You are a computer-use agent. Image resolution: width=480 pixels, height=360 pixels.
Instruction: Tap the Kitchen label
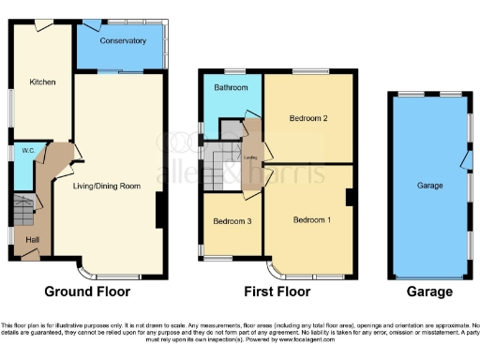click(42, 82)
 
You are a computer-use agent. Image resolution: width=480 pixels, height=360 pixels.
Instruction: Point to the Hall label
click(33, 239)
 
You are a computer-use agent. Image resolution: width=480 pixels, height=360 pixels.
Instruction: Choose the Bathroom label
click(231, 88)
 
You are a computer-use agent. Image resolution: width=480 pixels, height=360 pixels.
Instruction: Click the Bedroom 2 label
click(307, 118)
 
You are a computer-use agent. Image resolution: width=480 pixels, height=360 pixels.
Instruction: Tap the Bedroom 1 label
click(311, 220)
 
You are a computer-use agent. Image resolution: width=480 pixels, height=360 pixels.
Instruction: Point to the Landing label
click(250, 157)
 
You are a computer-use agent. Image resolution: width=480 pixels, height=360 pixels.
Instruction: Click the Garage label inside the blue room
click(429, 186)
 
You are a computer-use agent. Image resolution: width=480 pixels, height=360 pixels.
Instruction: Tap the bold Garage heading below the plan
click(429, 292)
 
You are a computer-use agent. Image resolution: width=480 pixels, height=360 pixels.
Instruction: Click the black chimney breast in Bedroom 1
click(349, 197)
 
